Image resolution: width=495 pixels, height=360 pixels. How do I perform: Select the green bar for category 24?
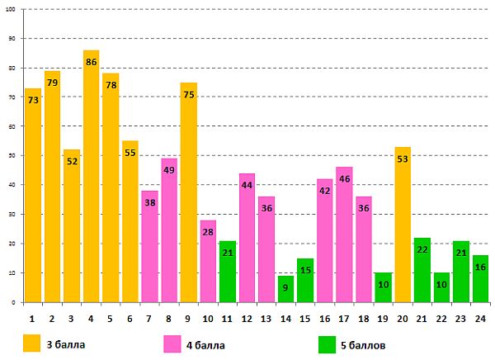pyautogui.click(x=481, y=281)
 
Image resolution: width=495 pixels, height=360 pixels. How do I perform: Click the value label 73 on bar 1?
pyautogui.click(x=33, y=101)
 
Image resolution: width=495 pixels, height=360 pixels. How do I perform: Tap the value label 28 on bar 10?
pyautogui.click(x=208, y=233)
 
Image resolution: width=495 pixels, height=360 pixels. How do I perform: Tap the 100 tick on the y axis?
pyautogui.click(x=12, y=10)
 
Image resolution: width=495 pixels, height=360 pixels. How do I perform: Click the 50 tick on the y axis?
pyautogui.click(x=12, y=156)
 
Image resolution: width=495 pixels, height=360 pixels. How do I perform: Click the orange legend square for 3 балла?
pyautogui.click(x=31, y=342)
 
